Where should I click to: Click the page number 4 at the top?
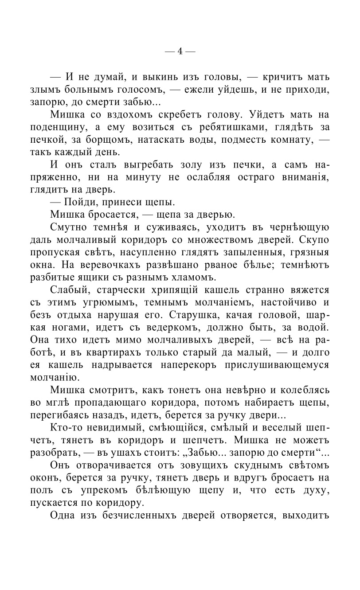[180, 51]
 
